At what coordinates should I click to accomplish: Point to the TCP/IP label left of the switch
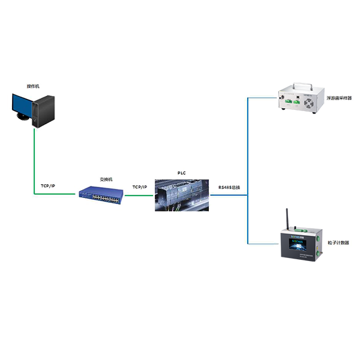[x=47, y=187]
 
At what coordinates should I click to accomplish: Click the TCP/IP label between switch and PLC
[x=140, y=187]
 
